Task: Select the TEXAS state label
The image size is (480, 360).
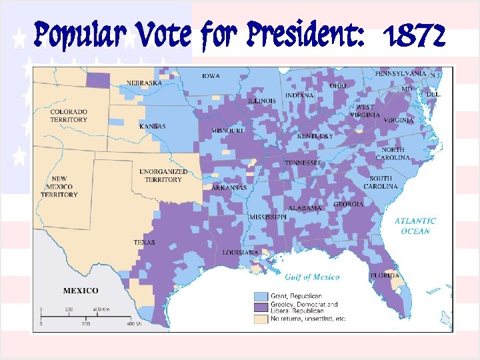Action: click(145, 243)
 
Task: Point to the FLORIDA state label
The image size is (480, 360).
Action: click(385, 275)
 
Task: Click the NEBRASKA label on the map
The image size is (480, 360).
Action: click(145, 83)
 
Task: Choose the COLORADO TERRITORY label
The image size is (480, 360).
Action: click(69, 115)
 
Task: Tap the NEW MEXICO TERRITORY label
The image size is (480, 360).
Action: click(59, 187)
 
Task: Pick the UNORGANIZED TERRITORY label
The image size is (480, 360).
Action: click(163, 175)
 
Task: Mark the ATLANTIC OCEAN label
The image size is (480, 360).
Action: click(415, 226)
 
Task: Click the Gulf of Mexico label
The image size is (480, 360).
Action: click(312, 277)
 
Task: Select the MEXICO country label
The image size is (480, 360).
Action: click(81, 291)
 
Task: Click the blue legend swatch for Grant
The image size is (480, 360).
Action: click(261, 295)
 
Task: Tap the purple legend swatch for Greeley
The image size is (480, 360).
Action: click(261, 307)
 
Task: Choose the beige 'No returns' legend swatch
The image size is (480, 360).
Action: click(261, 319)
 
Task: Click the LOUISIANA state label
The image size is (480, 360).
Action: click(241, 253)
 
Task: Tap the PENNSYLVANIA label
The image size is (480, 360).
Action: click(400, 73)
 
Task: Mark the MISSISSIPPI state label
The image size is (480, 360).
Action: click(268, 218)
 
